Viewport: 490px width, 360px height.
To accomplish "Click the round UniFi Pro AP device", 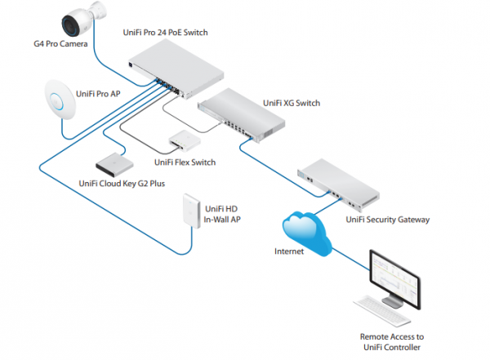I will click(58, 98).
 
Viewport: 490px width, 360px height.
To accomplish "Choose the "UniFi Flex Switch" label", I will click(185, 162).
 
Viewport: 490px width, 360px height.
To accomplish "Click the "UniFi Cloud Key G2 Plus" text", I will click(122, 184).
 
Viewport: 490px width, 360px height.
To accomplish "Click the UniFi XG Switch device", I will click(243, 113).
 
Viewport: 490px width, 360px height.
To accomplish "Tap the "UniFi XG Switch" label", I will click(292, 104).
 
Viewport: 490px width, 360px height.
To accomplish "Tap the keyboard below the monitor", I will click(384, 311).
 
